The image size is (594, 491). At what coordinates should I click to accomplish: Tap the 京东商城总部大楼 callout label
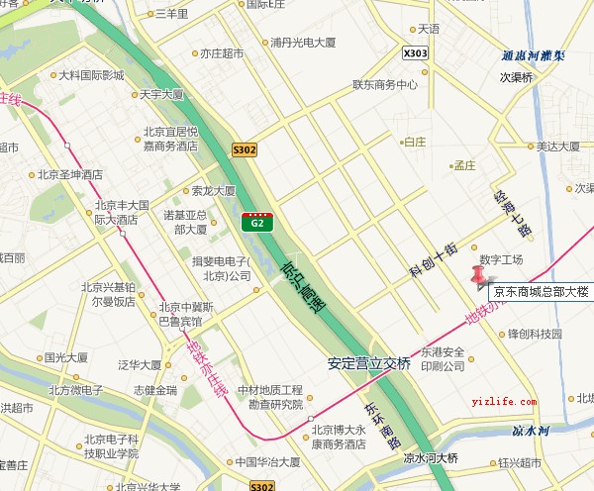(541, 292)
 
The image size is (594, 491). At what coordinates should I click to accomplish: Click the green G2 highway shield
(257, 222)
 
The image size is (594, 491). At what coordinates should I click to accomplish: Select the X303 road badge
(417, 52)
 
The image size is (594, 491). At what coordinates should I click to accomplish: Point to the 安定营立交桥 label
(368, 363)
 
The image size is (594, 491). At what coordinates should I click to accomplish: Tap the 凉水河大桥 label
(431, 458)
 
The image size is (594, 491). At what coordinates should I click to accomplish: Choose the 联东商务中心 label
(385, 85)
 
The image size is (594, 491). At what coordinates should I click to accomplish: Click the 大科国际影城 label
(90, 75)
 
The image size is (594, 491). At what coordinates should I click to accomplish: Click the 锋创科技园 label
(535, 335)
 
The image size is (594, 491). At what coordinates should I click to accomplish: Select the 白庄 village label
(413, 142)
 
